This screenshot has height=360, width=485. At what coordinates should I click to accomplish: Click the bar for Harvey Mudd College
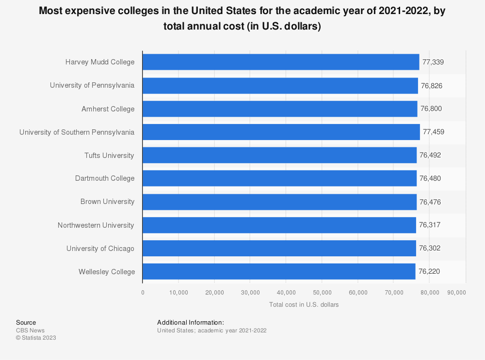pyautogui.click(x=280, y=62)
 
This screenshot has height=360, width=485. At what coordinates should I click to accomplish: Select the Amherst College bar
pyautogui.click(x=279, y=109)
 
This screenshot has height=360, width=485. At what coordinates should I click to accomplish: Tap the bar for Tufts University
pyautogui.click(x=279, y=156)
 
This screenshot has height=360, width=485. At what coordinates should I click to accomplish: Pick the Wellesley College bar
pyautogui.click(x=278, y=272)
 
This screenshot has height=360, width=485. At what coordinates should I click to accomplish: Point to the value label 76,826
pyautogui.click(x=432, y=86)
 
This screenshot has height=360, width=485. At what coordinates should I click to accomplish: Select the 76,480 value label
pyautogui.click(x=430, y=178)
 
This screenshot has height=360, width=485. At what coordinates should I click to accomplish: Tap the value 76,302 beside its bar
pyautogui.click(x=430, y=249)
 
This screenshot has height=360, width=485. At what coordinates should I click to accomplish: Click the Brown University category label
pyautogui.click(x=107, y=202)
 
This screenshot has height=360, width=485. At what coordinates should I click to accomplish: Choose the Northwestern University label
pyautogui.click(x=96, y=225)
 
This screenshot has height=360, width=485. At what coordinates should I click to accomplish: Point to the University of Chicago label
pyautogui.click(x=100, y=249)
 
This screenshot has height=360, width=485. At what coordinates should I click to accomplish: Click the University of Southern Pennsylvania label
pyautogui.click(x=77, y=132)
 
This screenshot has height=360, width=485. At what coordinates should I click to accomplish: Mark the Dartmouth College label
pyautogui.click(x=104, y=178)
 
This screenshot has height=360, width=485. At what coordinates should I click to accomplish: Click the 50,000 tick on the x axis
pyautogui.click(x=322, y=293)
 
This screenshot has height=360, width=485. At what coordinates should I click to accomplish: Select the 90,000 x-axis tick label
pyautogui.click(x=456, y=293)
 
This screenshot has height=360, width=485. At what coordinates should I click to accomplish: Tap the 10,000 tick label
pyautogui.click(x=178, y=293)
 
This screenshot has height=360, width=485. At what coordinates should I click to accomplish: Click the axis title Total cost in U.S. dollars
pyautogui.click(x=304, y=305)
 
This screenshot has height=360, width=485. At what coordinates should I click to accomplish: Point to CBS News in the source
pyautogui.click(x=30, y=330)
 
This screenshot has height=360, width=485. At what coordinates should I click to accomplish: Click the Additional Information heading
pyautogui.click(x=190, y=322)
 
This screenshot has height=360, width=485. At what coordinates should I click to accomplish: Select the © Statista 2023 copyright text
pyautogui.click(x=36, y=338)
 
